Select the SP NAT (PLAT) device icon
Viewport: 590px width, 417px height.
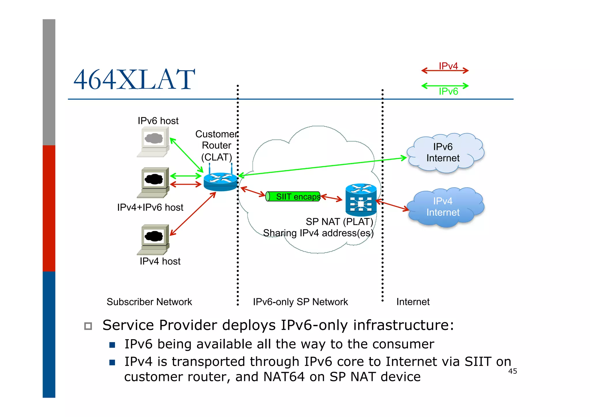pyautogui.click(x=361, y=200)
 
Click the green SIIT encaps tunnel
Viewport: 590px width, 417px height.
pyautogui.click(x=293, y=197)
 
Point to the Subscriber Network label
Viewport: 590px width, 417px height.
pyautogui.click(x=149, y=302)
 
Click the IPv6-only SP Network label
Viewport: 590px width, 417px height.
pyautogui.click(x=300, y=302)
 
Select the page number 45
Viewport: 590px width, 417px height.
pyautogui.click(x=512, y=371)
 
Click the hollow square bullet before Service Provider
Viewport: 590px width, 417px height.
pyautogui.click(x=88, y=326)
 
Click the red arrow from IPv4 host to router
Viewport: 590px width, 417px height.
pyautogui.click(x=193, y=214)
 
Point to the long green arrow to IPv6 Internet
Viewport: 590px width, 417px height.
pyautogui.click(x=323, y=166)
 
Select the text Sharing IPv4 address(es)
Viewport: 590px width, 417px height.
pyautogui.click(x=318, y=233)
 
